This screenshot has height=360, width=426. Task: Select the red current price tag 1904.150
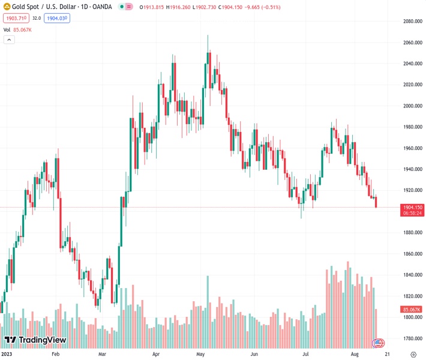tap(412, 207)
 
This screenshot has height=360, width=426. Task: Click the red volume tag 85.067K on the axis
tap(412, 310)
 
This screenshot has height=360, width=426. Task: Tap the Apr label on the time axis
tap(156, 355)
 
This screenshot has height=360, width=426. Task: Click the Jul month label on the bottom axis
tap(306, 355)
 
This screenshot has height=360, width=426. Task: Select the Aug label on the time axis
tap(355, 355)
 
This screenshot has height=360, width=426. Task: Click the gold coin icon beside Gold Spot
tap(7, 8)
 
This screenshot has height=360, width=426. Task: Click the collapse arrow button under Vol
tap(8, 40)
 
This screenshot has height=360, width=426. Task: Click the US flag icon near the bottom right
tap(378, 343)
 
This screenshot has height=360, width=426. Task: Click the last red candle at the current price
tap(376, 202)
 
